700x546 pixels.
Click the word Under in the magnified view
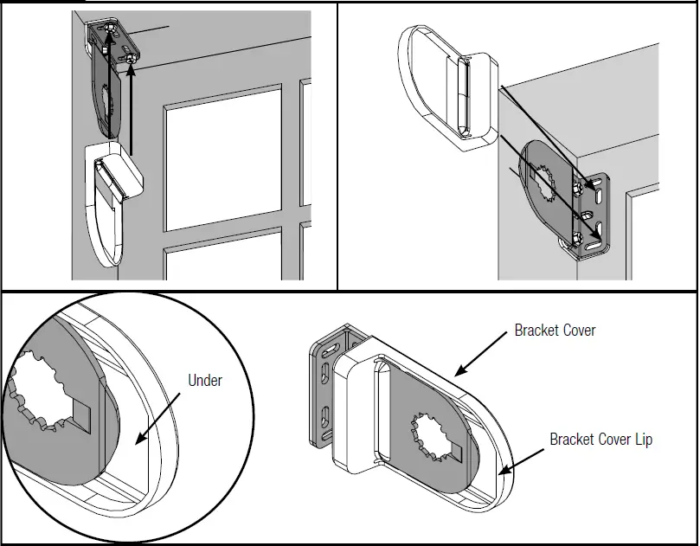tap(205, 380)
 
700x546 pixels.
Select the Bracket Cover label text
tap(555, 331)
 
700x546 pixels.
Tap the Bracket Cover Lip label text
tap(600, 440)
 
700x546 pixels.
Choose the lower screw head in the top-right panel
tap(576, 236)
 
